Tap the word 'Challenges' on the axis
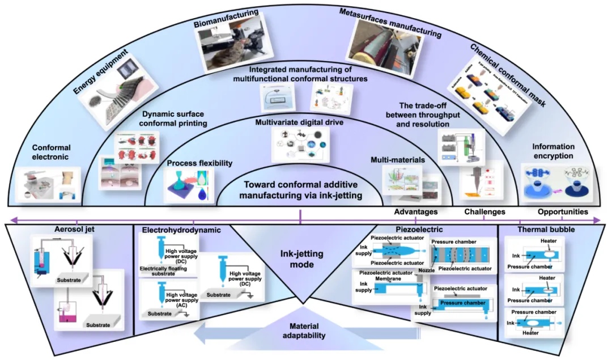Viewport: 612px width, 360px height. [x=484, y=212]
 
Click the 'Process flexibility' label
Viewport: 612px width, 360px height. [x=199, y=163]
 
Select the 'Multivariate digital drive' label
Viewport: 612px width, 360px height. [x=300, y=122]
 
